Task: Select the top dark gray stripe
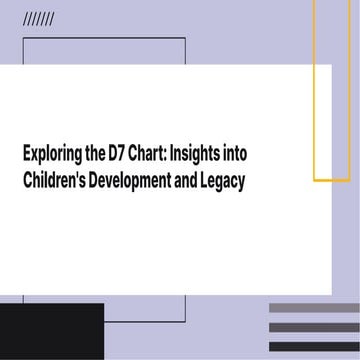[x=313, y=307]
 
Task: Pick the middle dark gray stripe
[x=313, y=326]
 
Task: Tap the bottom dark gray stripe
[x=313, y=345]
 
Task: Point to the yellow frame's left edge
[x=314, y=100]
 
